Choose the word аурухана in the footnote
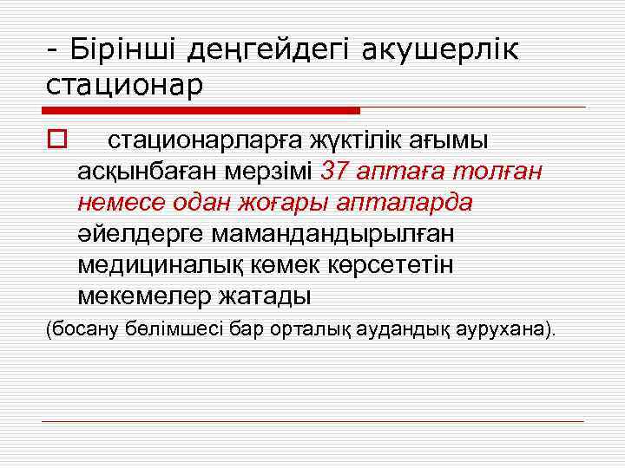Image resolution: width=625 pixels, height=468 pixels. [504, 330]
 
